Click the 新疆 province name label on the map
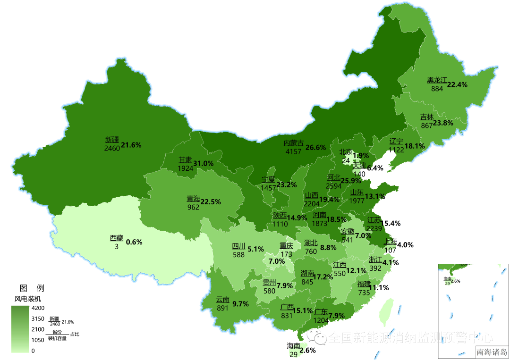pos(112,140)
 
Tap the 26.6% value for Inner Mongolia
pos(315,147)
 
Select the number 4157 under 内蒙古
pos(293,151)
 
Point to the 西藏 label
pos(117,238)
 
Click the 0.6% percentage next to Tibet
pos(134,242)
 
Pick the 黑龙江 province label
pos(437,80)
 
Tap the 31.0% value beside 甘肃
pos(204,163)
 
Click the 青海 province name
pos(193,199)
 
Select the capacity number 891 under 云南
pos(222,307)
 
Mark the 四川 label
pos(238,246)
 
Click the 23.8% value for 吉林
pos(443,123)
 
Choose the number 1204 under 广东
pos(321,319)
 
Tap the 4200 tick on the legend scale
pos(38,308)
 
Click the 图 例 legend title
pos(32,288)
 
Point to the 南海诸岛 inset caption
pos(492,352)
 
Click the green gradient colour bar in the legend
pos(20,329)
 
